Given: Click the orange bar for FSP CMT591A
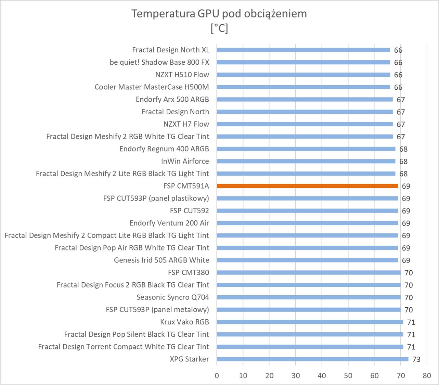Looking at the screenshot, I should [x=307, y=186].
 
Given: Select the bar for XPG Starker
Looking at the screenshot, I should [x=312, y=359].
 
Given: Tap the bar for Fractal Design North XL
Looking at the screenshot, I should [x=303, y=50].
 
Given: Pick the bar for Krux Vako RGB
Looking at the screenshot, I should [x=310, y=322].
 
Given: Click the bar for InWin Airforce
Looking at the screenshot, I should [x=306, y=161].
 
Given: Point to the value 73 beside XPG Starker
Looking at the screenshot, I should [x=416, y=359].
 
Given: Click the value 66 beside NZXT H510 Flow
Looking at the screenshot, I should [x=398, y=75].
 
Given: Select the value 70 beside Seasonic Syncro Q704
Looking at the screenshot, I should [x=409, y=297].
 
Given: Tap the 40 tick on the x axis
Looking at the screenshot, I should [x=322, y=375].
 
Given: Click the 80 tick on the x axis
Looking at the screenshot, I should [x=427, y=375].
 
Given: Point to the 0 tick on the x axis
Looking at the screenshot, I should [x=217, y=375].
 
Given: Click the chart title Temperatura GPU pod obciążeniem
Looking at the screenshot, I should [x=219, y=14].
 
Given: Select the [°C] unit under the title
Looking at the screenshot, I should [x=219, y=28].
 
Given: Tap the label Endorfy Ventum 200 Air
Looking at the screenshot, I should [x=169, y=223].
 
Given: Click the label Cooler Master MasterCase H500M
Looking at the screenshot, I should [x=152, y=87].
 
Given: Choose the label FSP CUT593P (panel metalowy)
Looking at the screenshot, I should [x=157, y=310].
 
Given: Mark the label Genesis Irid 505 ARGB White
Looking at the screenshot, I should [x=161, y=260].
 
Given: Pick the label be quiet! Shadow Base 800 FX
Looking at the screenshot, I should [x=159, y=62].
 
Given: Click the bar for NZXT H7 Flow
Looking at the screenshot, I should [x=305, y=124].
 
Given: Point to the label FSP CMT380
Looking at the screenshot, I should [x=188, y=272].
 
